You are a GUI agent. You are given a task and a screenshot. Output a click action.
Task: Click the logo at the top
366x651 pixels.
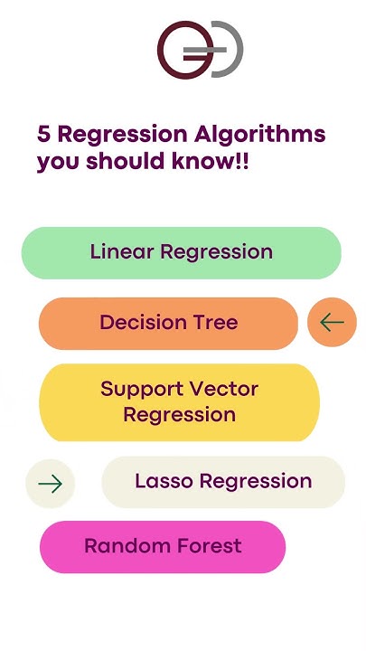coord(200,49)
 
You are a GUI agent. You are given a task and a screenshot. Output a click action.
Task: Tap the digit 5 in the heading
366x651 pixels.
coord(43,136)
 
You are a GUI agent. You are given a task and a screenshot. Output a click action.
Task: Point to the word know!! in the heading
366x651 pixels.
coord(213,164)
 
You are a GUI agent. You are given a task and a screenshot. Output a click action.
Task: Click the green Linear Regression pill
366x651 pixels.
coord(181,252)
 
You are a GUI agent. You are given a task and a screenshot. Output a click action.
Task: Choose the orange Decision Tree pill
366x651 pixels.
coord(168,323)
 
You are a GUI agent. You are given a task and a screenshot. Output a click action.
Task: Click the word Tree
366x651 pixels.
coord(213,323)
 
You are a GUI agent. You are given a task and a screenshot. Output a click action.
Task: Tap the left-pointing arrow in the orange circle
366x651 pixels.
coord(332,322)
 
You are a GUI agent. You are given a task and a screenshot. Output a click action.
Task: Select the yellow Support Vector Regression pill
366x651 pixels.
coord(179,402)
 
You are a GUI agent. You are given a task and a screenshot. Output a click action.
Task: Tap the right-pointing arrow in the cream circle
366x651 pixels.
coord(50,484)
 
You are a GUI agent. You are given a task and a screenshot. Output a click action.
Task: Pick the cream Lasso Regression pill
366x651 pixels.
coord(223,482)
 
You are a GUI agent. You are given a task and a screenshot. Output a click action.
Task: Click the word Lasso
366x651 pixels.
coord(163,482)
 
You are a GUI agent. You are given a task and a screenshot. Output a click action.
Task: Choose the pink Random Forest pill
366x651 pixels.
coord(163,546)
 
